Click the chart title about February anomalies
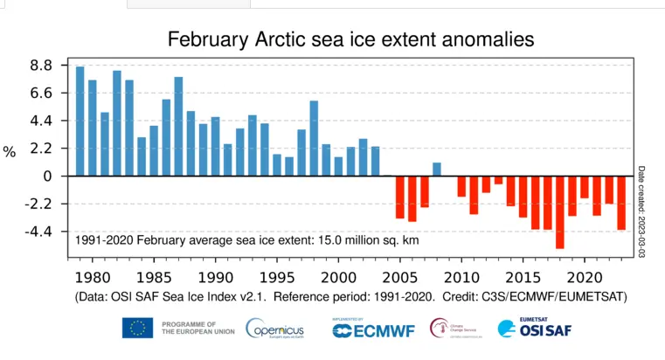coord(350,38)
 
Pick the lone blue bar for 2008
coord(437,170)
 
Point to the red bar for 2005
coord(400,197)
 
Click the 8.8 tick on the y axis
coord(43,66)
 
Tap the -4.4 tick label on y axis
coord(40,232)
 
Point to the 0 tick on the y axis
coord(49,177)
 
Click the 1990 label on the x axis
coord(215,277)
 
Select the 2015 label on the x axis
coord(523,277)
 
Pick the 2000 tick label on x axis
coord(338,277)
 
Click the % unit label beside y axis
coord(10,152)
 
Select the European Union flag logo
coord(137,329)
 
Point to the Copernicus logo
coord(274,329)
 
